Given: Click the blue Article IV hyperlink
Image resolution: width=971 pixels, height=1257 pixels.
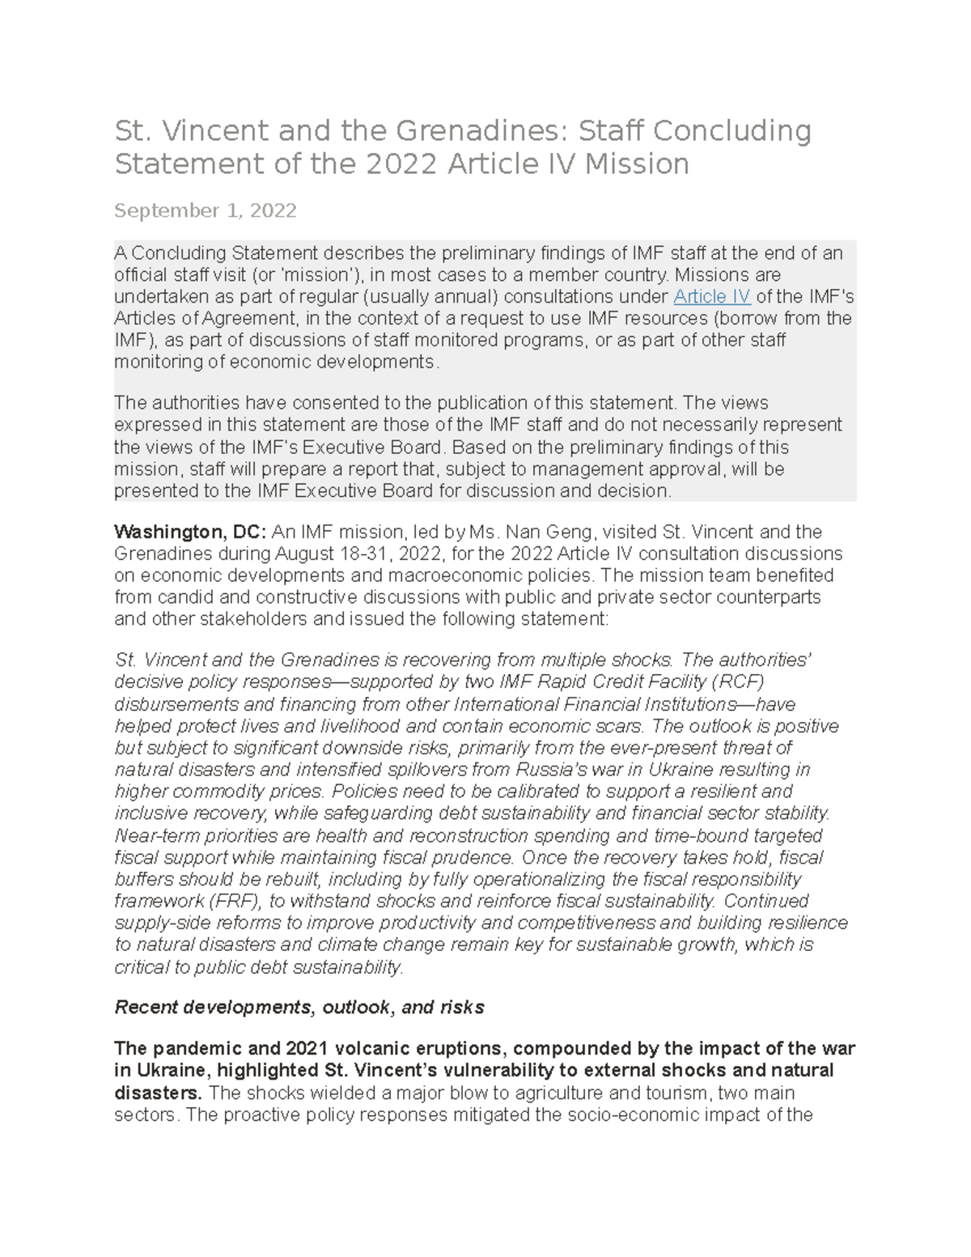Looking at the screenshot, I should click(711, 296).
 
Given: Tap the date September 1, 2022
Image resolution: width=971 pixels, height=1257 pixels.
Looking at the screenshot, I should click(206, 210).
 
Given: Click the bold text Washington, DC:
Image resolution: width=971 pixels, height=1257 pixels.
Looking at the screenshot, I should click(190, 532).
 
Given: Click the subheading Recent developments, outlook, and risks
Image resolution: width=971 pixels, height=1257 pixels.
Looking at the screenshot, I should click(299, 1007).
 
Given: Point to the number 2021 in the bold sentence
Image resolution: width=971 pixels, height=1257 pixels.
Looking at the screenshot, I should click(306, 1049).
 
